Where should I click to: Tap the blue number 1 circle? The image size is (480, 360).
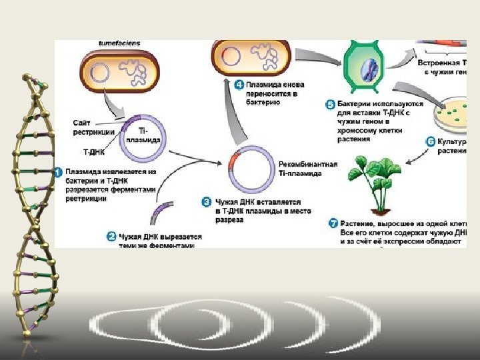(59, 172)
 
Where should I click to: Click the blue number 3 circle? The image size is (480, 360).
(207, 201)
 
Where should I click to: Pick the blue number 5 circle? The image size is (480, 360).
(330, 105)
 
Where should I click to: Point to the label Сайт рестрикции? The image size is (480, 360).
(93, 127)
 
